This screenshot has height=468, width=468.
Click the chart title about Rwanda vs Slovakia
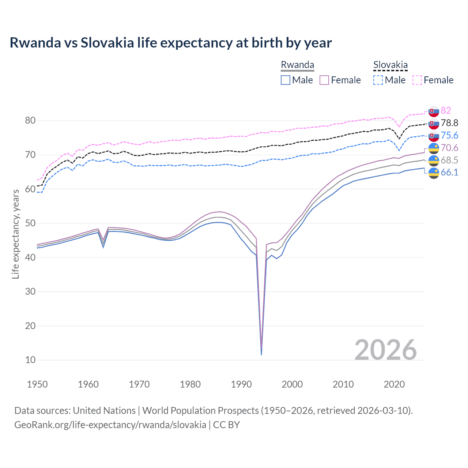(x=170, y=43)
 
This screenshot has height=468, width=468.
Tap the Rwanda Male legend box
(x=286, y=80)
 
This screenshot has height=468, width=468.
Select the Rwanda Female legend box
(x=324, y=80)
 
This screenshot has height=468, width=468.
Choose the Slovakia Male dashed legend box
(x=378, y=80)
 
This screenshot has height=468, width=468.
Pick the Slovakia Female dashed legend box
(x=417, y=80)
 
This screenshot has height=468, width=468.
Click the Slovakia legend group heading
(x=390, y=65)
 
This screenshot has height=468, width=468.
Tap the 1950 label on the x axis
(x=37, y=384)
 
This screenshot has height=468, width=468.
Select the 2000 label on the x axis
(x=292, y=384)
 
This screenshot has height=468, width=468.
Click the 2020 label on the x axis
(x=394, y=384)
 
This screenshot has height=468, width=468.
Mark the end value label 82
(x=446, y=110)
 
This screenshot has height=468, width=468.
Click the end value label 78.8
(x=449, y=123)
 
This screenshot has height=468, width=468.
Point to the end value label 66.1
(x=449, y=172)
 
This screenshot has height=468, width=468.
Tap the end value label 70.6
(x=449, y=148)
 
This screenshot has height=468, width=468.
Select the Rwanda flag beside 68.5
(x=434, y=161)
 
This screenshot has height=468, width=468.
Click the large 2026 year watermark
(x=385, y=350)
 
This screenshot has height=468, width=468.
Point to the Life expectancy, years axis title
(x=15, y=234)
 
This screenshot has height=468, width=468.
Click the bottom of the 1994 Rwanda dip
(x=261, y=354)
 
